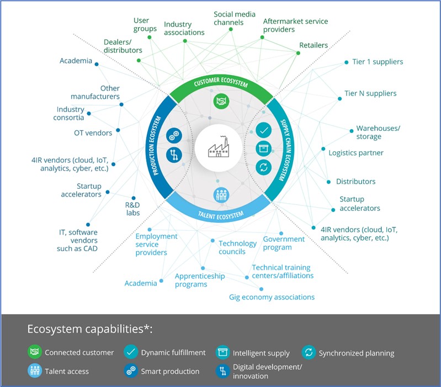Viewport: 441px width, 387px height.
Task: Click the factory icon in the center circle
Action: [x=219, y=146]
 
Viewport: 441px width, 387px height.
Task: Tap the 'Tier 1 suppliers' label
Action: [x=378, y=62]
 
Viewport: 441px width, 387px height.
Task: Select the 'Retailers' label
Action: [x=314, y=45]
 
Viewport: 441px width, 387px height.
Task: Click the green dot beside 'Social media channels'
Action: [x=231, y=29]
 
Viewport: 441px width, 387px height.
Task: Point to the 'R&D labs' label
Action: [x=132, y=209]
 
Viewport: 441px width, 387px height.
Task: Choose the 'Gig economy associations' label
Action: [x=272, y=297]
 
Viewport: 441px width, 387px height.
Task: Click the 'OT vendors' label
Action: [x=93, y=132]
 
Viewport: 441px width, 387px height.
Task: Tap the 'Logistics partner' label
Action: [x=356, y=153]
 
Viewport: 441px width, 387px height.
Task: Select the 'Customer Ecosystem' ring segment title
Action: [x=221, y=82]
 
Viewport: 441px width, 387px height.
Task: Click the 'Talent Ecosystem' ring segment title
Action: [x=221, y=215]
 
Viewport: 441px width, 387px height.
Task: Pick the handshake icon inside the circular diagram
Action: [x=221, y=101]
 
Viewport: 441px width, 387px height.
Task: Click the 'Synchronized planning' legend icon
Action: [x=309, y=352]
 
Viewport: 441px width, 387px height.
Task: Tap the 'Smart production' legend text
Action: [x=170, y=372]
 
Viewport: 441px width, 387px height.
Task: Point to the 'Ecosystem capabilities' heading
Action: [x=90, y=329]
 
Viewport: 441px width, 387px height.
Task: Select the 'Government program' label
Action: [x=284, y=243]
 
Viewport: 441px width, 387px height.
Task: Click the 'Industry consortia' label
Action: [x=69, y=113]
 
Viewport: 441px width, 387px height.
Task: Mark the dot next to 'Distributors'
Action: [x=328, y=182]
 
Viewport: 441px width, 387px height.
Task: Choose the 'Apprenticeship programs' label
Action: [x=200, y=280]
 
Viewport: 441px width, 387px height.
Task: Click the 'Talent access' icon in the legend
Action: [x=35, y=370]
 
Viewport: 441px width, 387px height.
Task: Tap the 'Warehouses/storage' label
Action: [x=378, y=132]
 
